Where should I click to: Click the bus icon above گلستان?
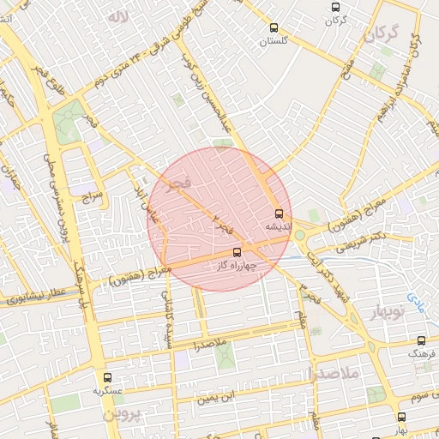coord(274,27)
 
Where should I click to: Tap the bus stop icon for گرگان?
coord(335,8)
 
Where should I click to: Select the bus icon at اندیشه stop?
coord(279,213)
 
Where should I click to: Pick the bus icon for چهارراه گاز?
coord(238,252)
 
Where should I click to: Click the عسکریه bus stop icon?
coord(107,376)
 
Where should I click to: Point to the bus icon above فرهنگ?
coord(423,341)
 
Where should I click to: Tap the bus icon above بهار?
coord(401,417)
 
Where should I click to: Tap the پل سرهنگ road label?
coord(85,289)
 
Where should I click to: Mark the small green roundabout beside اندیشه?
coord(299,235)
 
